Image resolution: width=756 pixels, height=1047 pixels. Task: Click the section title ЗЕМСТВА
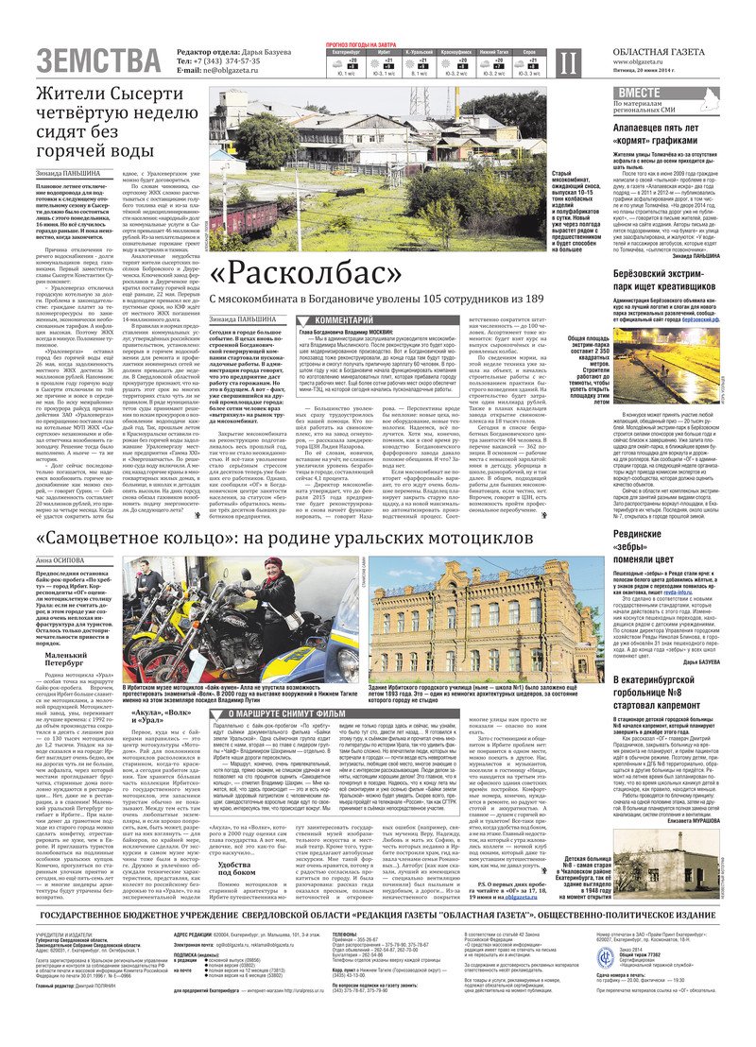[98, 60]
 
